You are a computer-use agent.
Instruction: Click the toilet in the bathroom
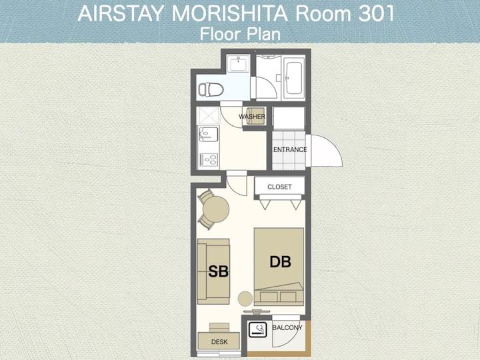[x=211, y=90]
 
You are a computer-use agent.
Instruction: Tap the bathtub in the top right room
[x=293, y=78]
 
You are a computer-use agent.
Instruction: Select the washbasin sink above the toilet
[x=238, y=63]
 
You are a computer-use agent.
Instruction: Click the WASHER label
[x=252, y=117]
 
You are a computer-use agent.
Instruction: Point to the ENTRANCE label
[x=290, y=150]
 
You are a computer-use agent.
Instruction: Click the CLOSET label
[x=279, y=187]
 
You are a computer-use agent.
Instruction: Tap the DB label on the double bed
[x=280, y=262]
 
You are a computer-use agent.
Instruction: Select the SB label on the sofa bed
[x=218, y=271]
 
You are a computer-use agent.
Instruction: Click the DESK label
[x=219, y=341]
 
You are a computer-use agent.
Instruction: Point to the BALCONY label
[x=287, y=327]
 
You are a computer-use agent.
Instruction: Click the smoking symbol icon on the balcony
[x=258, y=330]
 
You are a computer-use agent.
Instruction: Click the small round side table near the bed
[x=245, y=299]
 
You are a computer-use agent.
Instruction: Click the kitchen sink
[x=209, y=134]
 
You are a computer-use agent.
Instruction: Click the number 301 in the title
[x=376, y=14]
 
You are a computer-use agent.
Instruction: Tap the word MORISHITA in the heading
[x=229, y=14]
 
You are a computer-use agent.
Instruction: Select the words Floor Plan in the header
[x=240, y=34]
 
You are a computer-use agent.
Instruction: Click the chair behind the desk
[x=219, y=327]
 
